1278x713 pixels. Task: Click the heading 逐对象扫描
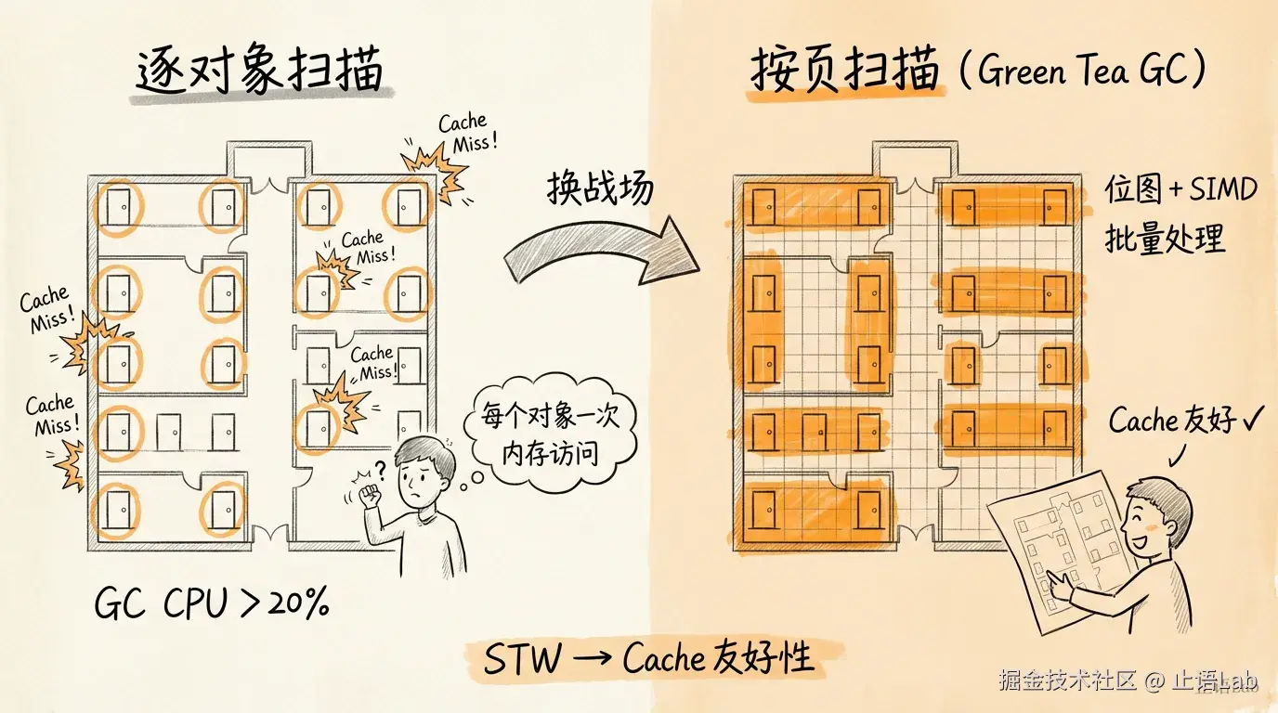[259, 71]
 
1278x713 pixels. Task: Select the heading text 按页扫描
[844, 71]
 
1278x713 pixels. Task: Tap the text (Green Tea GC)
[1081, 72]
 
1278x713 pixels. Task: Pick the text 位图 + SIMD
[1180, 189]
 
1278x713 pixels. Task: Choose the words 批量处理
[1165, 239]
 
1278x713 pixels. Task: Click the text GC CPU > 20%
[212, 605]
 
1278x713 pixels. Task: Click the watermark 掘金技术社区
[1067, 681]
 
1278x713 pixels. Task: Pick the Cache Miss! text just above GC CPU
[51, 415]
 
